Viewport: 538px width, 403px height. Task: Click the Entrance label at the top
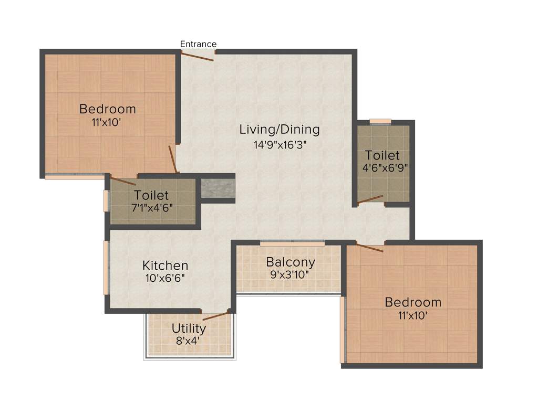coord(198,44)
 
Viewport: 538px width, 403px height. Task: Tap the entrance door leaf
coord(198,56)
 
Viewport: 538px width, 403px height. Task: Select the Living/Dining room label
coord(279,129)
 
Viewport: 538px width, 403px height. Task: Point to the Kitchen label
coord(165,266)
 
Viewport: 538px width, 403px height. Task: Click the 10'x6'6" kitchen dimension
coord(165,278)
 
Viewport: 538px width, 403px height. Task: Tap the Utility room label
coord(189,329)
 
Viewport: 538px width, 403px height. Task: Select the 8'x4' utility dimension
coord(189,340)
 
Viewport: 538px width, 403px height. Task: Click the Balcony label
coord(291,262)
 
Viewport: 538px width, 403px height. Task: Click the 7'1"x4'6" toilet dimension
coord(152,207)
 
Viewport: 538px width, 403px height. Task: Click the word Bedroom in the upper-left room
coord(108,109)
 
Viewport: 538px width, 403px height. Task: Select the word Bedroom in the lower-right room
coord(413,302)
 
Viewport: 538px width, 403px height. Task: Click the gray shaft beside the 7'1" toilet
coord(218,188)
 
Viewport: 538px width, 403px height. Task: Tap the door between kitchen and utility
coord(216,315)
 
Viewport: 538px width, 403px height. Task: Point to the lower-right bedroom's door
coord(370,248)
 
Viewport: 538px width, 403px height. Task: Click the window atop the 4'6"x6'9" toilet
coord(380,121)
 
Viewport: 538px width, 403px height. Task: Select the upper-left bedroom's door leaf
coord(172,159)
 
